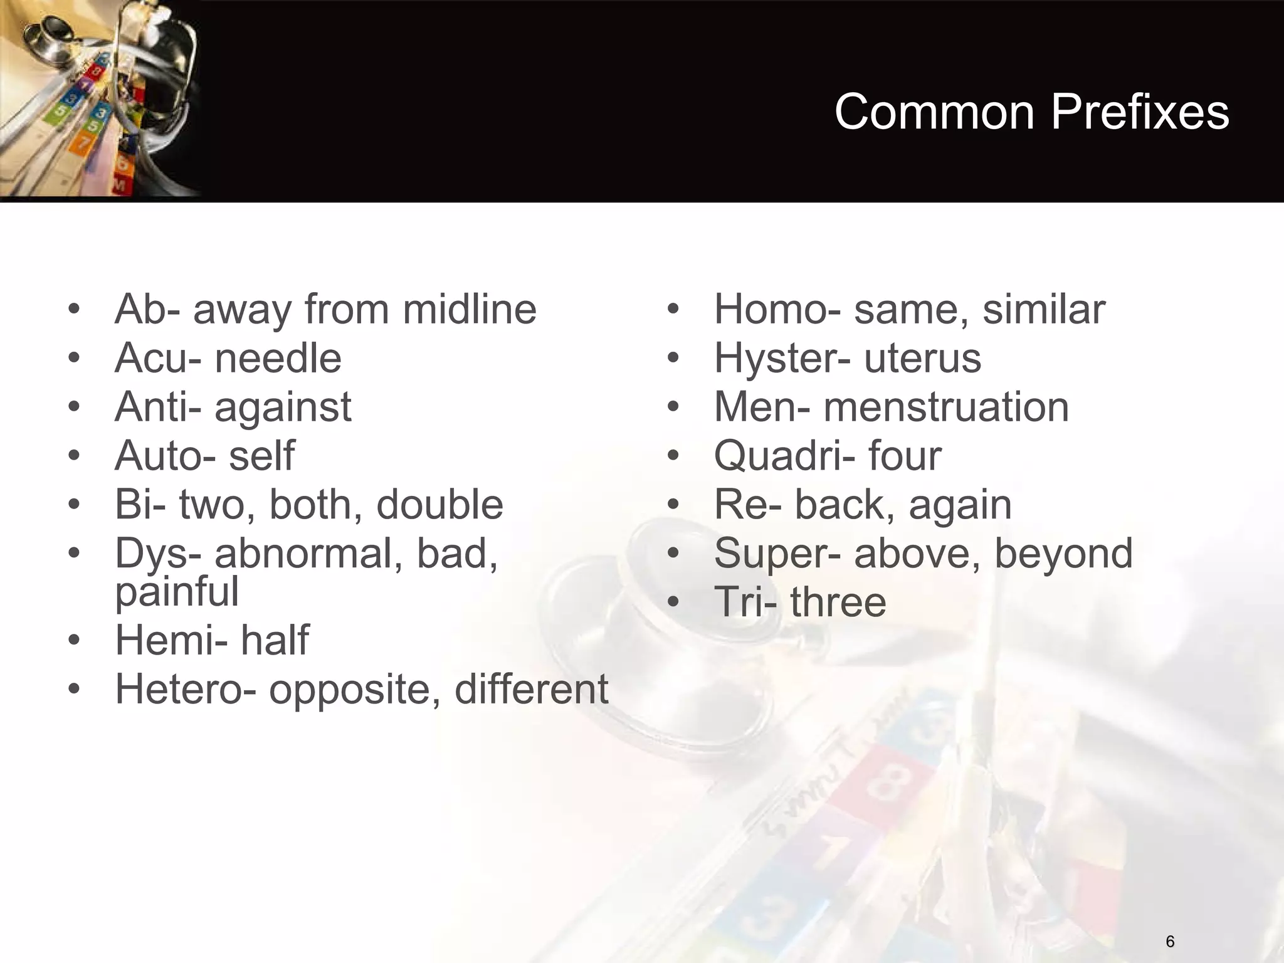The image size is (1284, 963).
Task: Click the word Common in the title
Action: point(935,113)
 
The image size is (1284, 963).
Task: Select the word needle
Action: point(278,359)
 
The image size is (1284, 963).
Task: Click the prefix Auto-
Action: point(164,456)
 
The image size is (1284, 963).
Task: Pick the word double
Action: point(439,505)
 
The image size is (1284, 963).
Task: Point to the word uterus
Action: point(922,359)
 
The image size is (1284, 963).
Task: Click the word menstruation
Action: point(946,408)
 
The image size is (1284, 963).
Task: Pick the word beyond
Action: point(1063,554)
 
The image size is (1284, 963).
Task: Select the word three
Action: point(838,602)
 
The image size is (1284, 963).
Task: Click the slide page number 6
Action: point(1170,942)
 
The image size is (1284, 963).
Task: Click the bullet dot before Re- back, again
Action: point(673,505)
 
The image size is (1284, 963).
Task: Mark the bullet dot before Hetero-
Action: point(74,690)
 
